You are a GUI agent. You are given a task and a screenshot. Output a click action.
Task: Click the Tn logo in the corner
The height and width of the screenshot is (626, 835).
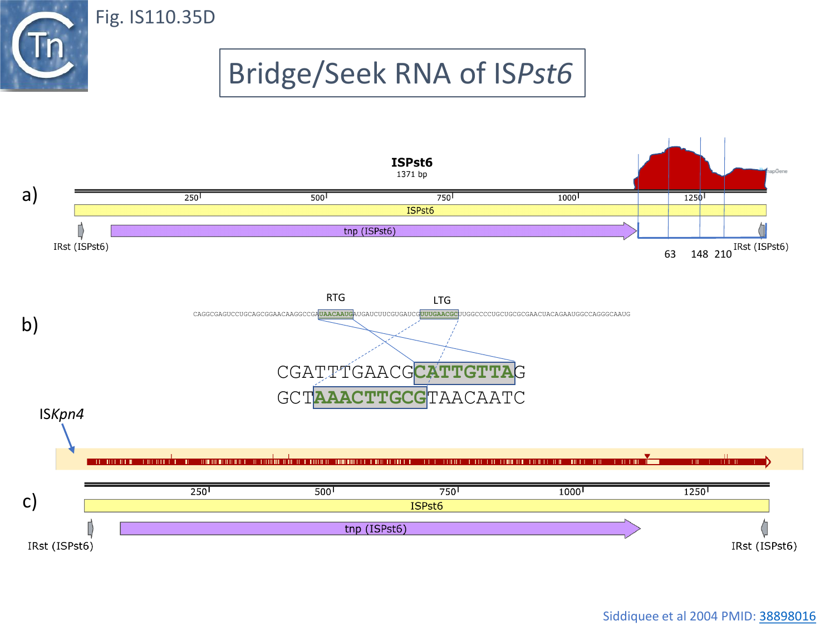pos(44,46)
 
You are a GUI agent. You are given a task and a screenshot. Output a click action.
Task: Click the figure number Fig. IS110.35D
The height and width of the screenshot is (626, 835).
pos(155,17)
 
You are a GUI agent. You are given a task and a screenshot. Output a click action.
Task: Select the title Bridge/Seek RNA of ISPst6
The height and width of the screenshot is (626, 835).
pos(402,73)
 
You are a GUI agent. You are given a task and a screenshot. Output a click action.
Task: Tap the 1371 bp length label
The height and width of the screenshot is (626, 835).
pos(412,175)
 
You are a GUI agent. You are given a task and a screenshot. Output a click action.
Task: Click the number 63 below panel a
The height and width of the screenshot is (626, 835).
pos(670,254)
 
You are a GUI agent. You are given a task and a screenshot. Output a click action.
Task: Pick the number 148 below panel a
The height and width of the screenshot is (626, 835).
pos(699,254)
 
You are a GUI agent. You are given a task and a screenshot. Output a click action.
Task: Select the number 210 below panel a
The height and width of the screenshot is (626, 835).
pos(723,254)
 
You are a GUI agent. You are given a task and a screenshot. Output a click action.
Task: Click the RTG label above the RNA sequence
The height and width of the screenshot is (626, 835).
pos(336,298)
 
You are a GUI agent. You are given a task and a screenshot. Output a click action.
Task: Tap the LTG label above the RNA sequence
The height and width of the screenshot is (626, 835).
pos(442,300)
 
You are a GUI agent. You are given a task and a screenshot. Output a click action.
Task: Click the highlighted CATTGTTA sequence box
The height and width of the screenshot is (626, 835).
pos(464,372)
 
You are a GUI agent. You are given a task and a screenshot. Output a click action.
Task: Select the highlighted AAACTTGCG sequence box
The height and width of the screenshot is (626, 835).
pos(370,398)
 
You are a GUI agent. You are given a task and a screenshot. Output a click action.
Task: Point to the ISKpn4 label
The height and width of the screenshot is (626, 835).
pos(62,414)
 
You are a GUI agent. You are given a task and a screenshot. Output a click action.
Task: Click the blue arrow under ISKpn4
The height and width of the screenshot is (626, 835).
pos(68,438)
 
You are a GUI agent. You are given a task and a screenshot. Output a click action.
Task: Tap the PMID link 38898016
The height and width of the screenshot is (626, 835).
pos(787,616)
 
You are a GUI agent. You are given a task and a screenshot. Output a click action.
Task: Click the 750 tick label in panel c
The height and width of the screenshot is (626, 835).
pos(448,492)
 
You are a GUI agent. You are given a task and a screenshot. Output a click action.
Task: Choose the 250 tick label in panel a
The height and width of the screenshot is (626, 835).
pos(191,198)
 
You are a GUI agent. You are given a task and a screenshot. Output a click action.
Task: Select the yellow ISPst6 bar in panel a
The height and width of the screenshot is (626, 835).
pos(420,210)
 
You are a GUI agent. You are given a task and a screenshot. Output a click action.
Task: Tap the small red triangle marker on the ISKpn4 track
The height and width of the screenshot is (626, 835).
pos(647,456)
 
